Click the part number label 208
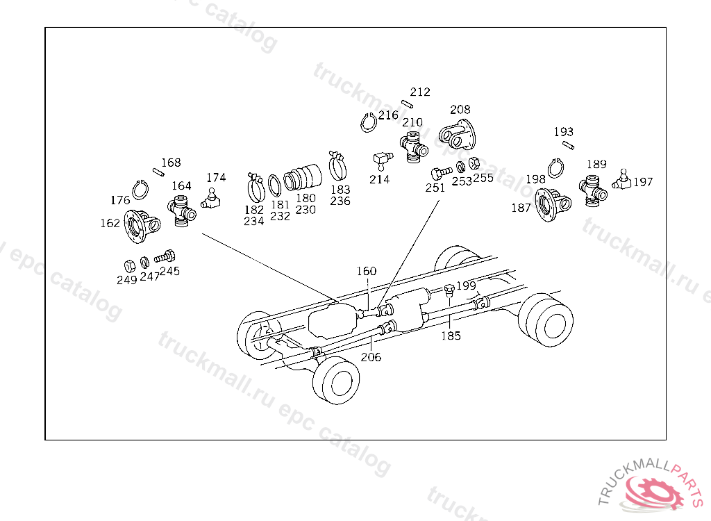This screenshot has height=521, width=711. (460, 110)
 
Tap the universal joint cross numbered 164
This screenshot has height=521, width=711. (182, 210)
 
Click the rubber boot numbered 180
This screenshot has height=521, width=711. (304, 176)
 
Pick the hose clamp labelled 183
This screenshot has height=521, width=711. (339, 165)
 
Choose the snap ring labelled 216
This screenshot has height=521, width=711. (369, 122)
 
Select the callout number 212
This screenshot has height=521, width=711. (420, 92)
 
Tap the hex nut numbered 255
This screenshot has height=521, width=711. (474, 164)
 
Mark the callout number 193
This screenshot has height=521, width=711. (563, 132)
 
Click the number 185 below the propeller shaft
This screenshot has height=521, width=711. (451, 336)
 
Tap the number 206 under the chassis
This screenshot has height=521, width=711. (371, 357)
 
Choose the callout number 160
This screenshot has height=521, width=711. (366, 272)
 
